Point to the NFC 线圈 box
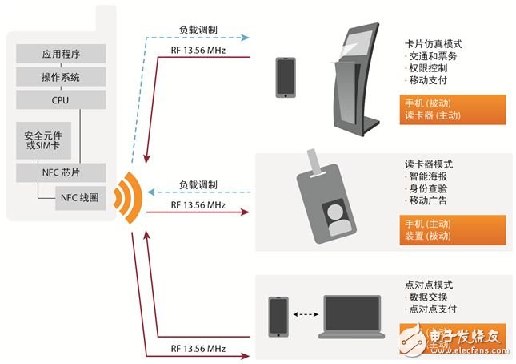pyautogui.click(x=78, y=198)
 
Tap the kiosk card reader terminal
pyautogui.click(x=353, y=80)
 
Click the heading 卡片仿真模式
pyautogui.click(x=434, y=45)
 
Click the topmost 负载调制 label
pyautogui.click(x=198, y=29)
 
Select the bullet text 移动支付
pyautogui.click(x=428, y=82)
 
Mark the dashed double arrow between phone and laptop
pyautogui.click(x=306, y=315)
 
